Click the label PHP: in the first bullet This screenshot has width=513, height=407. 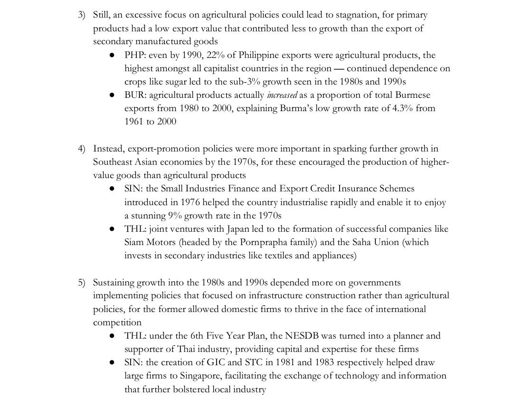pos(134,55)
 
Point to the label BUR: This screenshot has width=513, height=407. pos(135,95)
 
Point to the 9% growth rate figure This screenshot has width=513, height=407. pos(174,216)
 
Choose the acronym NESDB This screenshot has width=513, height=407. pos(304,336)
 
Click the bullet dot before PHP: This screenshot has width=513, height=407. pos(113,56)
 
